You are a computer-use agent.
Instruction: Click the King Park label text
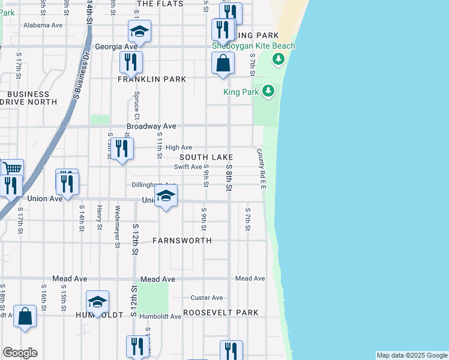(241, 92)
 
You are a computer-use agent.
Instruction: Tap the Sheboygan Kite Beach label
(254, 46)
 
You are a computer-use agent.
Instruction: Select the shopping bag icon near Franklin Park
(223, 64)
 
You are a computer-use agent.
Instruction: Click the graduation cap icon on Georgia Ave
(139, 31)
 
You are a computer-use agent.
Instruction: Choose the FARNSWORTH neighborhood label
(182, 241)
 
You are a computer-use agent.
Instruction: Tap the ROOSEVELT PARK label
(221, 313)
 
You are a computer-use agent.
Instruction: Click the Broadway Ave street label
(151, 127)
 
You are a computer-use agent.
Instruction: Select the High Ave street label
(178, 147)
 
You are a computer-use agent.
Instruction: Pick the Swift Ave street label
(188, 167)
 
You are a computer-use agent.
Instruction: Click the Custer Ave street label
(206, 298)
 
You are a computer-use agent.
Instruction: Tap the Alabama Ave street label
(43, 26)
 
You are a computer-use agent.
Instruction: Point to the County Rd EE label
(263, 170)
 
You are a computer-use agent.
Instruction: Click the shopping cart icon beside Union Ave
(11, 169)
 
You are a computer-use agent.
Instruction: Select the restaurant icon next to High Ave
(122, 149)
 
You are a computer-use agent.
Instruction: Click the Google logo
(20, 353)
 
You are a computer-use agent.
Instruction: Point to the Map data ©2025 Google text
(412, 355)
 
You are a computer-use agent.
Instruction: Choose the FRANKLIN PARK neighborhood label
(152, 79)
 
